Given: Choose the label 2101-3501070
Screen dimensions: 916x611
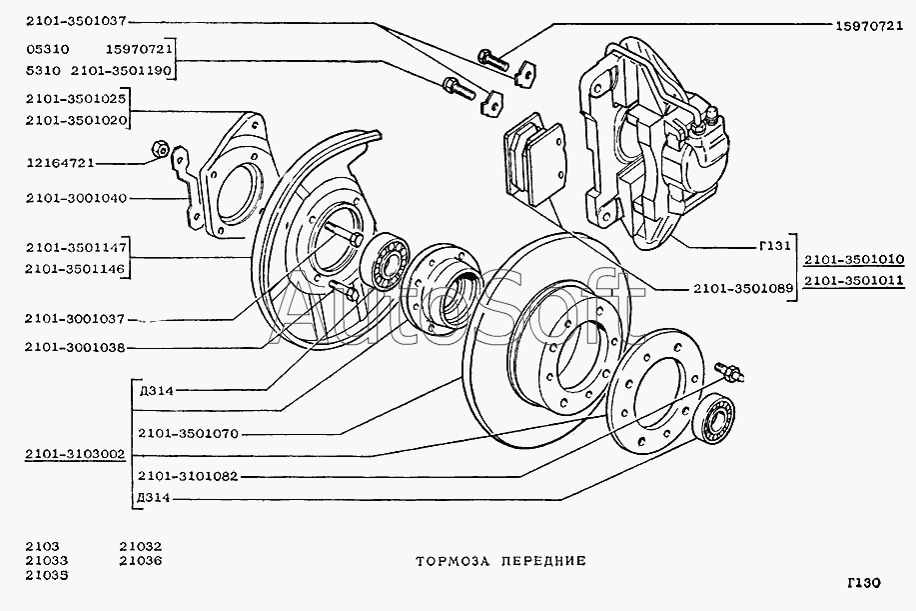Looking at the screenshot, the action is pyautogui.click(x=187, y=433).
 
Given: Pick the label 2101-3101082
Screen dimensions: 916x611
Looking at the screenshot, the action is pyautogui.click(x=187, y=476).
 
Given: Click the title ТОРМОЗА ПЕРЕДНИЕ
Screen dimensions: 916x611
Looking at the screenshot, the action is pyautogui.click(x=500, y=561).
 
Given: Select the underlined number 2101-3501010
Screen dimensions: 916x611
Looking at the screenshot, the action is pyautogui.click(x=854, y=259).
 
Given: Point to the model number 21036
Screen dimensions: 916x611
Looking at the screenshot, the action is pyautogui.click(x=140, y=561).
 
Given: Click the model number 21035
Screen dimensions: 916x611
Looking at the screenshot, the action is pyautogui.click(x=47, y=576).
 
